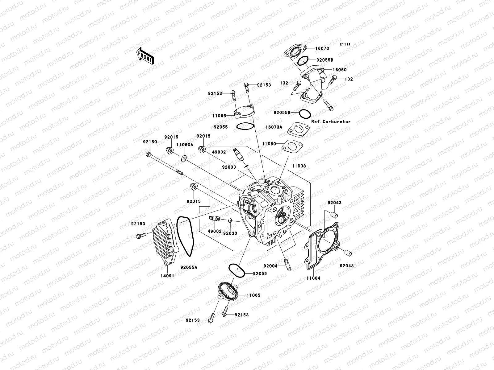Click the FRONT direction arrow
[145, 55]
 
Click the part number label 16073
[322, 48]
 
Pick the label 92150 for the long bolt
[150, 142]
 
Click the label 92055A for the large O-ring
[189, 268]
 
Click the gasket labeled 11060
[292, 146]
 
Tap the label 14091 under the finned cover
[167, 276]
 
